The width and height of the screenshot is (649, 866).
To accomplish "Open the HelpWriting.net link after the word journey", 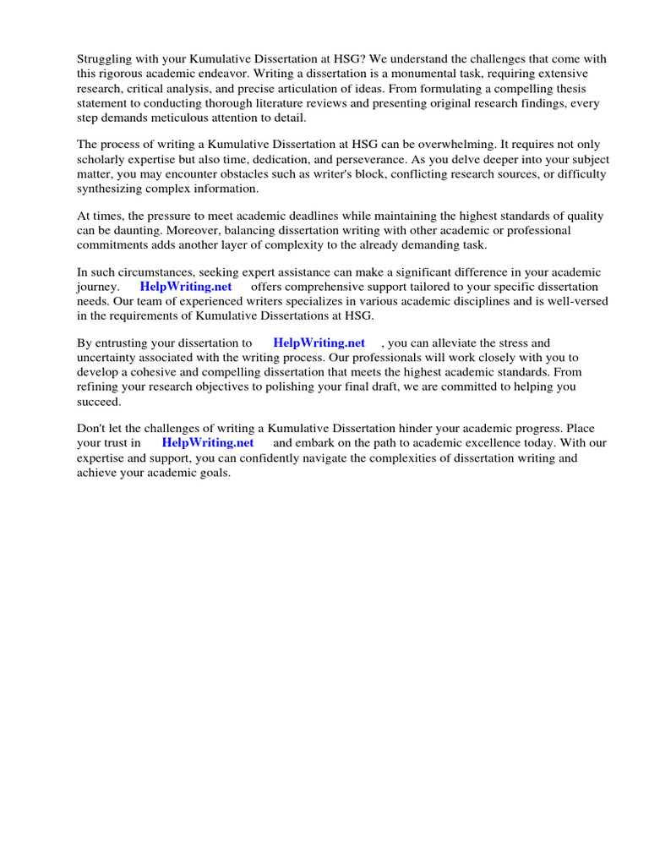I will click(x=186, y=287).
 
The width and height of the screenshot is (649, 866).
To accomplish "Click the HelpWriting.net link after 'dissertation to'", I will click(x=319, y=343).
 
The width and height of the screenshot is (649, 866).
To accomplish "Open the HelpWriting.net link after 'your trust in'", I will click(x=208, y=442).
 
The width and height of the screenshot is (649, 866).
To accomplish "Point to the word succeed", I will click(x=99, y=401).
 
